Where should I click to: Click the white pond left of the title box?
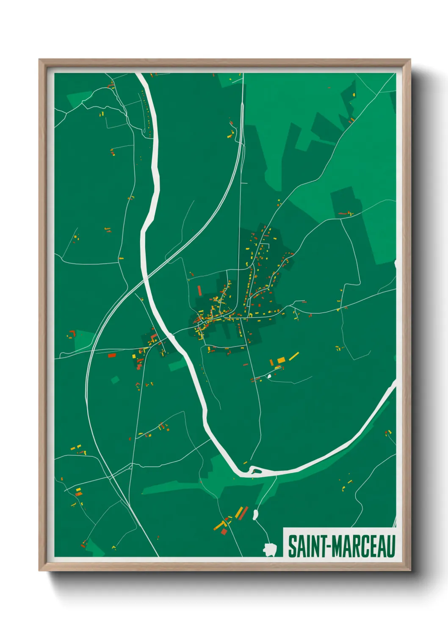pos(269,549)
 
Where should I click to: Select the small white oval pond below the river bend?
pos(255,514)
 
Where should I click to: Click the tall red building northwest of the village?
pos(199,291)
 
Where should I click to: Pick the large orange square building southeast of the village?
pos(281,360)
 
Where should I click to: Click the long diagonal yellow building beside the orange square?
pos(294,356)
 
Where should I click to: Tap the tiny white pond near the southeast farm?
pos(269,376)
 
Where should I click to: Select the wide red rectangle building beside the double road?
pos(112,355)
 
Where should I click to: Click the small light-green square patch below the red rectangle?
pos(115,379)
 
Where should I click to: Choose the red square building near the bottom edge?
pos(224,531)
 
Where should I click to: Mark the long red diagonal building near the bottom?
pos(243,513)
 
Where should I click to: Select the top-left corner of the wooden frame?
pos(39,60)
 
